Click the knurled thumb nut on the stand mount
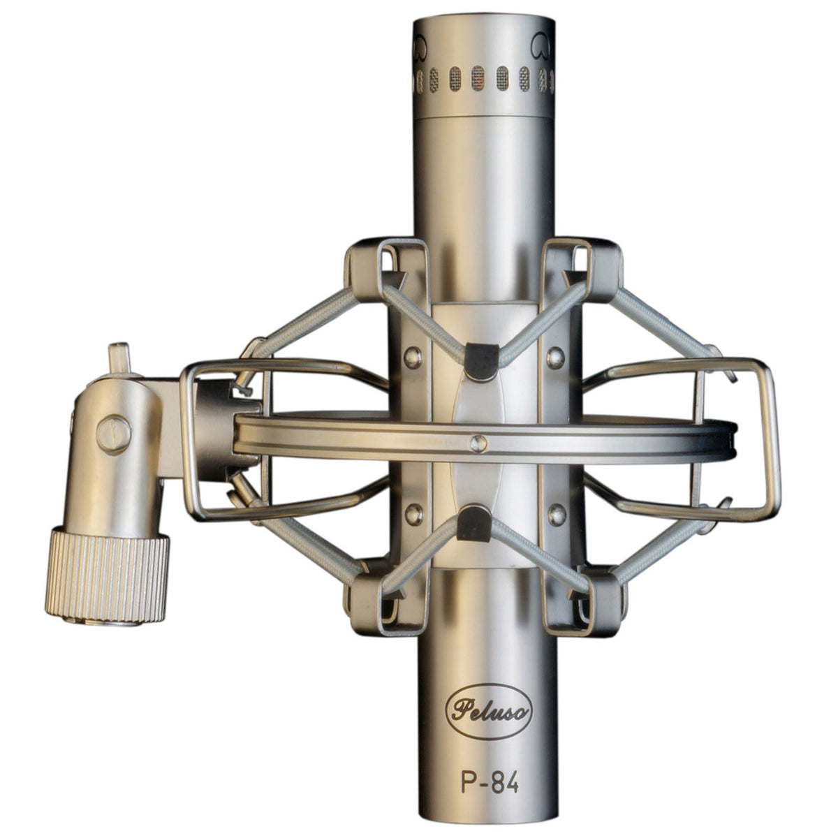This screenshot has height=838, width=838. click(106, 576)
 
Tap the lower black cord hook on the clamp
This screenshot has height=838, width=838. click(474, 523)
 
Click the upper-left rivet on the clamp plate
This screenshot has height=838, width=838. click(413, 357)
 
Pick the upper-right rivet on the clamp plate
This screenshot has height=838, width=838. click(555, 357)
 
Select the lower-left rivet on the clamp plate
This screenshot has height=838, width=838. click(413, 513)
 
